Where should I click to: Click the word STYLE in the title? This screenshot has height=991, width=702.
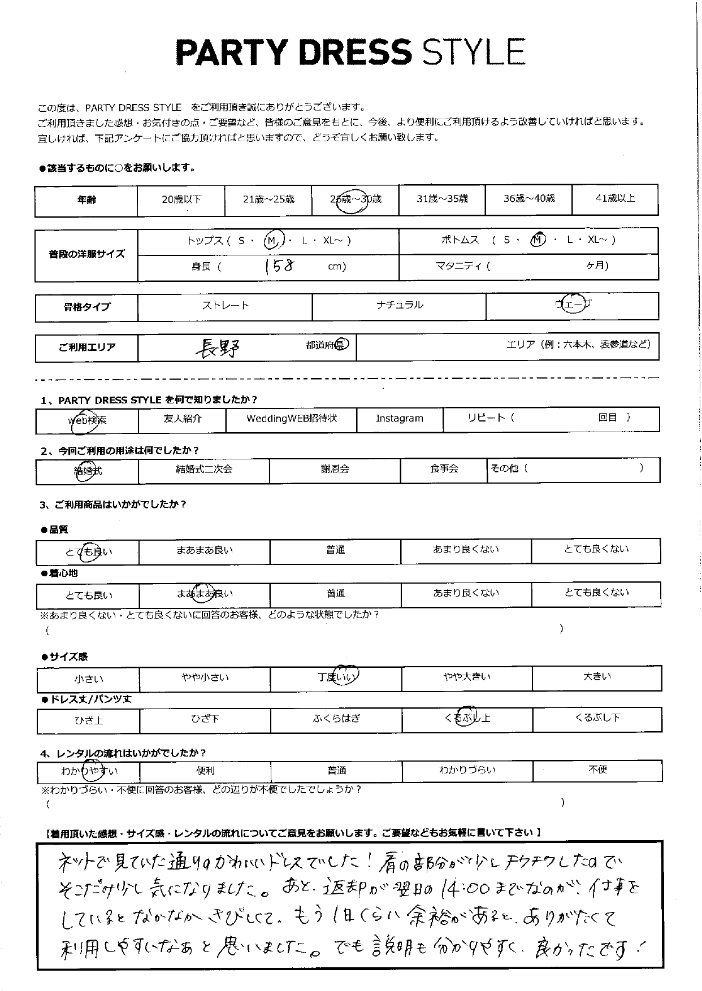pyautogui.click(x=474, y=52)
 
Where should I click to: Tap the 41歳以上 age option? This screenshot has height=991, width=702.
pyautogui.click(x=615, y=198)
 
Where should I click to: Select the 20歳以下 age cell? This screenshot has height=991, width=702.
pyautogui.click(x=181, y=199)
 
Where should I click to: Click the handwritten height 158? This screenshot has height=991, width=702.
pyautogui.click(x=279, y=266)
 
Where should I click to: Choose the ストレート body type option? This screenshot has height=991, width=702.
pyautogui.click(x=226, y=306)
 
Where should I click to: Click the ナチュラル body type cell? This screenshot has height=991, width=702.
pyautogui.click(x=399, y=306)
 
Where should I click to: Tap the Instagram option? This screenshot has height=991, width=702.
pyautogui.click(x=399, y=419)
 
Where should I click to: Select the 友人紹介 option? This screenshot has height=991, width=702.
pyautogui.click(x=181, y=419)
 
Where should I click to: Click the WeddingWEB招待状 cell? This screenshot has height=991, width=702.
pyautogui.click(x=291, y=419)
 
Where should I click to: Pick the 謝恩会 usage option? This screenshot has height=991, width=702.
pyautogui.click(x=335, y=469)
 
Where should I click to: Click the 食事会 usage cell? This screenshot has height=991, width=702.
pyautogui.click(x=444, y=469)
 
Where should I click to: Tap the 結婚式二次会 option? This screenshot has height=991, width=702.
pyautogui.click(x=203, y=469)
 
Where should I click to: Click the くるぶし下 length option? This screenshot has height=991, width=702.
pyautogui.click(x=597, y=718)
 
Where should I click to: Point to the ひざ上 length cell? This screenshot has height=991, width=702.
pyautogui.click(x=89, y=720)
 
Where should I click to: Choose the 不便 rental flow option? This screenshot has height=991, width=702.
pyautogui.click(x=597, y=770)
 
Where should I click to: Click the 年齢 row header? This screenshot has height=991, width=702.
pyautogui.click(x=86, y=199)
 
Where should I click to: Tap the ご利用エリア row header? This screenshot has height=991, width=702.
pyautogui.click(x=86, y=347)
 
